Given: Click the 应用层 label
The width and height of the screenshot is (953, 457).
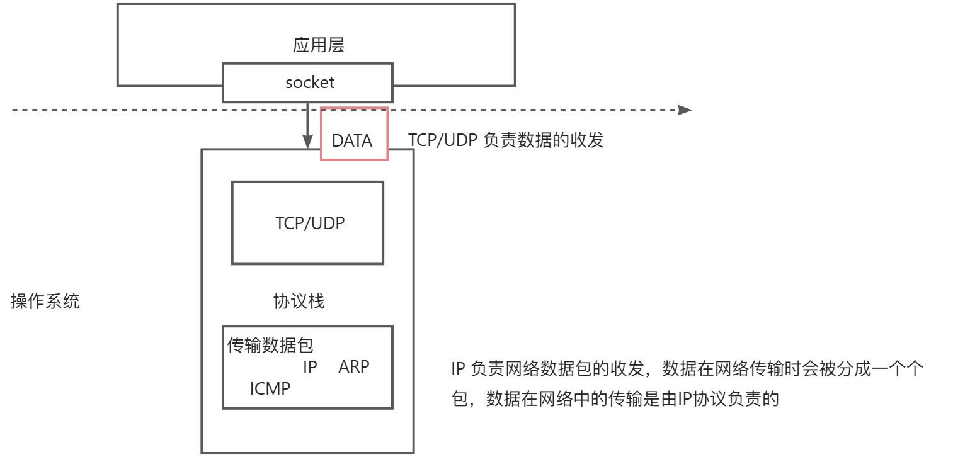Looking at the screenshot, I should [x=319, y=45].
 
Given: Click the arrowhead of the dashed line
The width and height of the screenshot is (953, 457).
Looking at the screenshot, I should [x=685, y=110].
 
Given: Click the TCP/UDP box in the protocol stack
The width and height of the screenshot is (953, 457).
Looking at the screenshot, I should [x=307, y=223].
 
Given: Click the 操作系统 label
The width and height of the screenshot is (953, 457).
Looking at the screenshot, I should [x=45, y=302].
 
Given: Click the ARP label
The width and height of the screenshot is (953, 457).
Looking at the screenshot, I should [x=353, y=367].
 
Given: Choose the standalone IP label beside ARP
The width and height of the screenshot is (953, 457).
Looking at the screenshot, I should [x=310, y=367].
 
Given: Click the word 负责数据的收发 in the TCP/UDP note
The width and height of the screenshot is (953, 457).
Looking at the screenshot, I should [x=543, y=140].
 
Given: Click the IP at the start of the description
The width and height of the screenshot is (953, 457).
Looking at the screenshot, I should [x=458, y=370].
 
